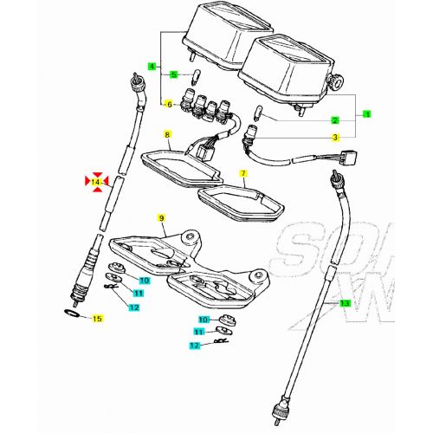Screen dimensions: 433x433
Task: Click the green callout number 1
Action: [x=365, y=113]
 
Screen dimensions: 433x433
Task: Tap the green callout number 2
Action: [x=335, y=120]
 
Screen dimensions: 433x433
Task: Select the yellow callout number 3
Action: [x=334, y=137]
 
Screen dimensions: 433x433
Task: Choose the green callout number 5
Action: [x=172, y=74]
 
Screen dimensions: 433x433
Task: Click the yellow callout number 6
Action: [x=171, y=105]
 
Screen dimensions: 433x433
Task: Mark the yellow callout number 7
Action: [x=244, y=174]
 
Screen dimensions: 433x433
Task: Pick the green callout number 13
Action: [x=344, y=303]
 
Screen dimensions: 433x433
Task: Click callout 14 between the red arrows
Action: [x=96, y=182]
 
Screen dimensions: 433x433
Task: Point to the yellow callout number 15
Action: [x=97, y=320]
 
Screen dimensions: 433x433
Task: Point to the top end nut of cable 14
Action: [x=135, y=81]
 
